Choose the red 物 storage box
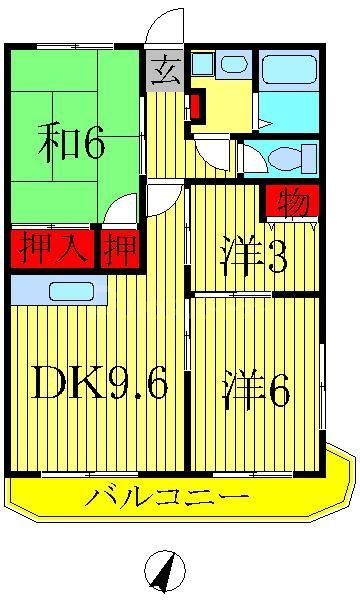click(x=291, y=202)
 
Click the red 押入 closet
click(x=51, y=249)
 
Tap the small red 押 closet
click(x=120, y=249)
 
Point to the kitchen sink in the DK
click(x=70, y=291)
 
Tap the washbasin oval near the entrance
click(x=235, y=64)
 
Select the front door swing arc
click(x=165, y=27)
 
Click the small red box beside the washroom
click(x=196, y=104)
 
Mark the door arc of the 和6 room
click(x=121, y=209)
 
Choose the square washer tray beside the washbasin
click(x=202, y=63)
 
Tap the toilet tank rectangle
click(x=309, y=158)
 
